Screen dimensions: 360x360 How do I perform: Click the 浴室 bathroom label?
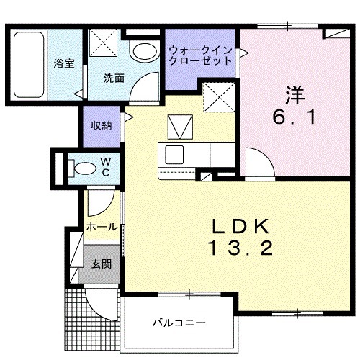(63, 63)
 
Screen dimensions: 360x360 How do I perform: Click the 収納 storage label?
(101, 126)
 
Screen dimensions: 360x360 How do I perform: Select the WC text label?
(104, 168)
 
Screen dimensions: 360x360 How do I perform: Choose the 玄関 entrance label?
(101, 264)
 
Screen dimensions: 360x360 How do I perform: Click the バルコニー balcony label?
(179, 322)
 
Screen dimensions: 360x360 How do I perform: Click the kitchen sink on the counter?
(174, 153)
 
